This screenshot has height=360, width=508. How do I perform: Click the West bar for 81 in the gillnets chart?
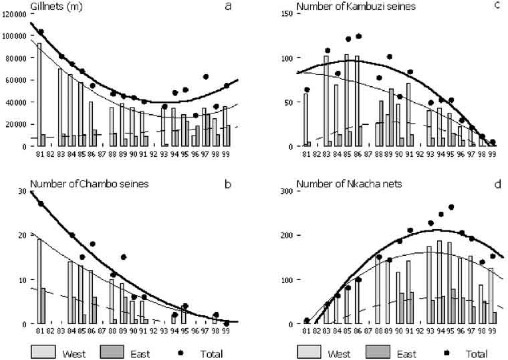coord(39,94)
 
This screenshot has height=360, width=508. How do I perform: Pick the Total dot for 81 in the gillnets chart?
coord(41,32)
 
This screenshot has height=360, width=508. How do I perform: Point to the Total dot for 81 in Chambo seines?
coord(41,204)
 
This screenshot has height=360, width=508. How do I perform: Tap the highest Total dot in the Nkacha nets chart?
coord(451,207)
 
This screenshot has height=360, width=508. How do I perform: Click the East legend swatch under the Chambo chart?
coord(116,351)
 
